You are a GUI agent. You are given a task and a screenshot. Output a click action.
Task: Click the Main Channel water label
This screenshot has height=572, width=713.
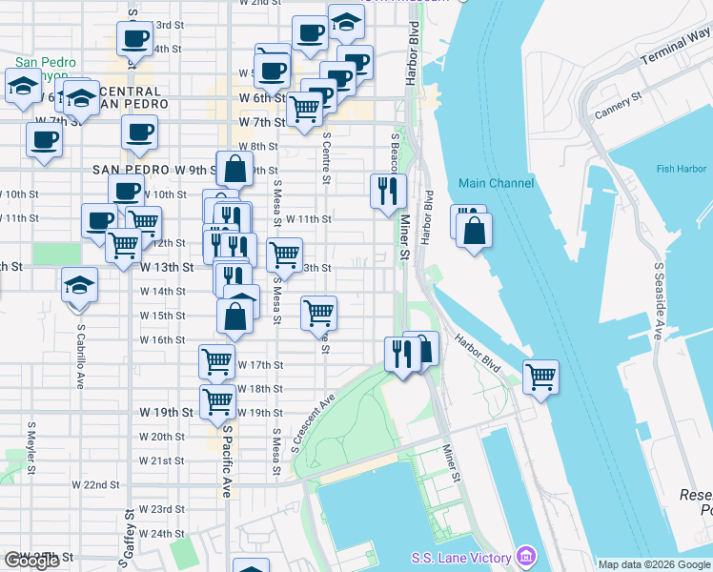pyautogui.click(x=495, y=183)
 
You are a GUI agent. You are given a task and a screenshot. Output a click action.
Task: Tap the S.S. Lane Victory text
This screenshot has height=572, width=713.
pyautogui.click(x=461, y=557)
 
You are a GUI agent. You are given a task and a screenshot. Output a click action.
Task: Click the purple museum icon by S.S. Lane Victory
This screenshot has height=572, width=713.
pyautogui.click(x=524, y=556)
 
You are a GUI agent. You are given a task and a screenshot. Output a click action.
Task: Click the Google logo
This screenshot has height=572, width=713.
pyautogui.click(x=31, y=561)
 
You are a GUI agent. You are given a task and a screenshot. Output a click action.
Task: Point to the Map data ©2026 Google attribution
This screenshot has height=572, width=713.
pyautogui.click(x=654, y=564)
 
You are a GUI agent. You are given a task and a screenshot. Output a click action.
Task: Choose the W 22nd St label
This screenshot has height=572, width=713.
pyautogui.click(x=102, y=485)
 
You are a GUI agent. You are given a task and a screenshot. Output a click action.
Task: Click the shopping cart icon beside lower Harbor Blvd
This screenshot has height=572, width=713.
pyautogui.click(x=540, y=376)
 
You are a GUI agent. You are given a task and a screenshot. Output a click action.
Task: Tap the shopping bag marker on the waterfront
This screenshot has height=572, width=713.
pyautogui.click(x=474, y=230)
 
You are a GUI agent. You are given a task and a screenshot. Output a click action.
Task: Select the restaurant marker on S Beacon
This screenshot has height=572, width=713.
pyautogui.click(x=388, y=191)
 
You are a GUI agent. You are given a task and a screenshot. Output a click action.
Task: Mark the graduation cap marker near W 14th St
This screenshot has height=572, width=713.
pyautogui.click(x=79, y=285)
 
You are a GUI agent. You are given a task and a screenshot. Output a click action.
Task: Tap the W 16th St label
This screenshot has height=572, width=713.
pyautogui.click(x=161, y=339)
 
